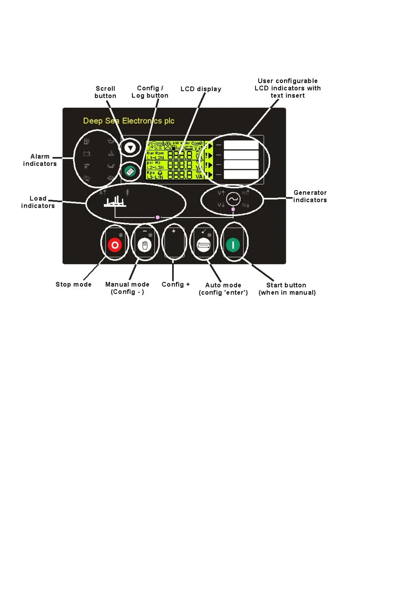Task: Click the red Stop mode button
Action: coord(115,245)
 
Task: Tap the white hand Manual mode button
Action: coord(145,245)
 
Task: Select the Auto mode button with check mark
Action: coord(204,245)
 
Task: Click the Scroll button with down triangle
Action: coord(130,148)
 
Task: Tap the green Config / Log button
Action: coord(130,171)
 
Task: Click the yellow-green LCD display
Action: coord(179,160)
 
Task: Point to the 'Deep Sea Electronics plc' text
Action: coord(129,121)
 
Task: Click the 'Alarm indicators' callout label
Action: coord(40,160)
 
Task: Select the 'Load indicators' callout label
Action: coord(38,202)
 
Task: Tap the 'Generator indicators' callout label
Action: coord(310,196)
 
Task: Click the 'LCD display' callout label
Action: coord(201,89)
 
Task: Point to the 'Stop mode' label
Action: coord(73,284)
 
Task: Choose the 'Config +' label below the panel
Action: coord(175,284)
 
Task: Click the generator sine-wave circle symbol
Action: coord(233,199)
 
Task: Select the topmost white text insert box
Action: coord(241,145)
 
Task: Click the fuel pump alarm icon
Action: coord(86,142)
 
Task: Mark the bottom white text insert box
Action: coord(241,174)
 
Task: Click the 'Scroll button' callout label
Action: coord(105,92)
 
